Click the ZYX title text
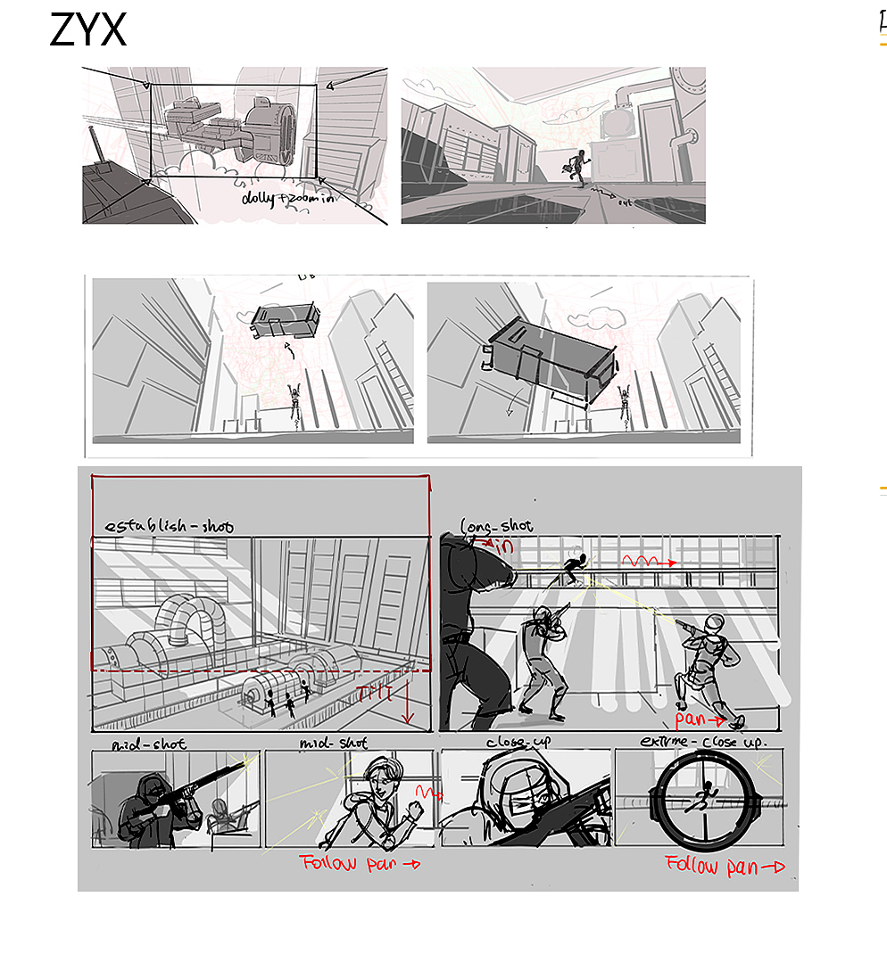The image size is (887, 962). pos(87,30)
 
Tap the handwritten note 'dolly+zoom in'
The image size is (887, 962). pos(288,200)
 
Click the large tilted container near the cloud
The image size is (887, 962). pos(549,360)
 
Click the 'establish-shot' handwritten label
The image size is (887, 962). pos(169,526)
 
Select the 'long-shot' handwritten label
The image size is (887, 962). pos(496,527)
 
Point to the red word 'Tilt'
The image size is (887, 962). pos(374,695)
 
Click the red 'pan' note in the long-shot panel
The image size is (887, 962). pos(698,719)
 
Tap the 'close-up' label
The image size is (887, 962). pos(521,742)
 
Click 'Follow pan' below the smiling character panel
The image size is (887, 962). pos(359,863)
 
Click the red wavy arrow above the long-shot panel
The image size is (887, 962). pos(649,562)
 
